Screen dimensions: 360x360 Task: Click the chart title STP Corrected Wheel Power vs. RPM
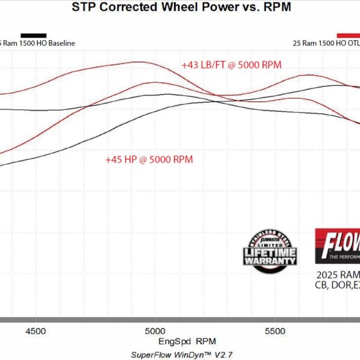180,8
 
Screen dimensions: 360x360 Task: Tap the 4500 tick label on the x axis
36,330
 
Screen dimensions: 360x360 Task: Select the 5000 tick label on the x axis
155,330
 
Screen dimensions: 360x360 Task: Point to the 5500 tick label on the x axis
274,330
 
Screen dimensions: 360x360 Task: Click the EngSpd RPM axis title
180,341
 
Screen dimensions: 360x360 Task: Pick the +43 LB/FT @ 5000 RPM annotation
232,64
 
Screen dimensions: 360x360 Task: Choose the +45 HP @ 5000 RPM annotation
149,160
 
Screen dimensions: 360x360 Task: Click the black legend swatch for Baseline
34,35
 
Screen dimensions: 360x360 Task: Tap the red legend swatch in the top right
349,35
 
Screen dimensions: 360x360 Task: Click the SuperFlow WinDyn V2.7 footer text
180,354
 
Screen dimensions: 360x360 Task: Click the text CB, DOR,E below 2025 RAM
337,285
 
